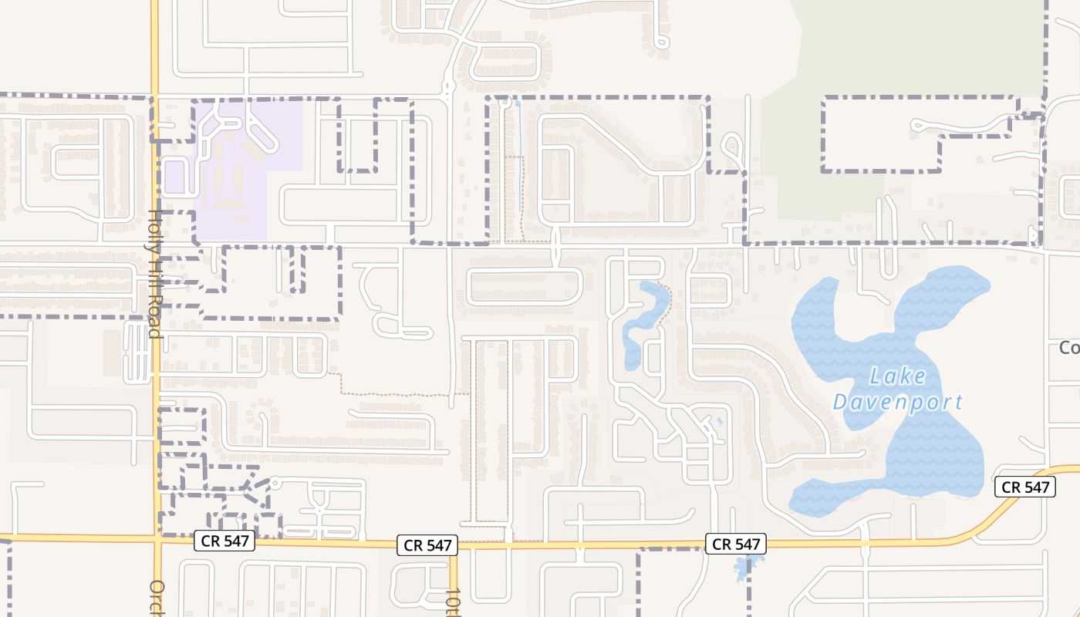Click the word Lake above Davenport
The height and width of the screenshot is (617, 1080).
[x=897, y=376]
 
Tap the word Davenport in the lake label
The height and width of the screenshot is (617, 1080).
[x=898, y=402]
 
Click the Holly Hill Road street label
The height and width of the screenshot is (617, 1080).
[x=154, y=274]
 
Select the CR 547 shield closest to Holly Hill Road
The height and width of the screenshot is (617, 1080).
[x=224, y=541]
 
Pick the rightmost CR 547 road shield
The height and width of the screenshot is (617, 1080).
[x=1024, y=487]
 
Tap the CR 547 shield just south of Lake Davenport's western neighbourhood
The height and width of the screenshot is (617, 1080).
[x=737, y=544]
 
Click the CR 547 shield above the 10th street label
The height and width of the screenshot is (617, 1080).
[x=427, y=545]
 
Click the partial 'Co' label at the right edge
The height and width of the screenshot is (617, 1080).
[x=1069, y=349]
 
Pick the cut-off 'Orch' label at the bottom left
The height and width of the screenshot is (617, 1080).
[x=157, y=598]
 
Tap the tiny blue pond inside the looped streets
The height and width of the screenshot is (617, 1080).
[x=720, y=421]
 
